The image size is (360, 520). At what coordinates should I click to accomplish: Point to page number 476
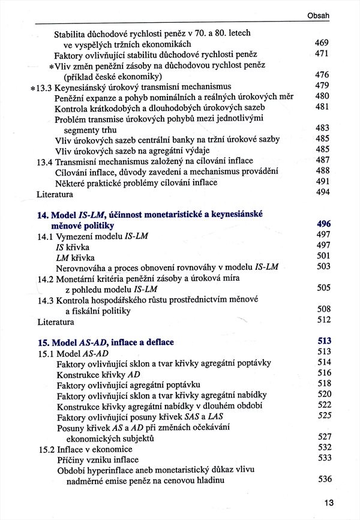click(x=322, y=76)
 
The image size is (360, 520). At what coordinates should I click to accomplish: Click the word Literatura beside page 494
click(x=55, y=194)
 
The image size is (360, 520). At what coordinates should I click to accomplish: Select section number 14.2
click(x=46, y=278)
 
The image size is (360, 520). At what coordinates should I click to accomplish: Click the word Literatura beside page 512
click(x=55, y=321)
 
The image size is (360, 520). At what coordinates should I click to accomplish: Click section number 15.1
click(x=46, y=352)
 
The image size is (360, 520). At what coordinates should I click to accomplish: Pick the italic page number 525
click(x=324, y=415)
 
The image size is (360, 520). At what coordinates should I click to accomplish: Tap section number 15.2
click(x=46, y=447)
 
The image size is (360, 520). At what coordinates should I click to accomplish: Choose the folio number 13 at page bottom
click(x=328, y=503)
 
